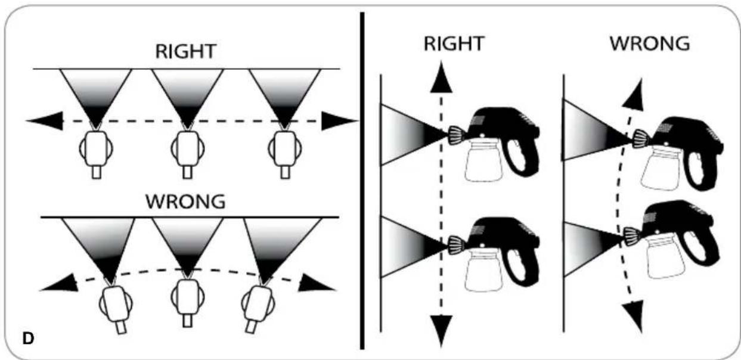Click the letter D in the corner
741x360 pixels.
click(x=28, y=338)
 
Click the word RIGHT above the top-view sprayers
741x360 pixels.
click(x=185, y=52)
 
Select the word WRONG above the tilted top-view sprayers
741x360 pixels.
click(x=185, y=201)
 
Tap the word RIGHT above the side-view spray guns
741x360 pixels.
click(x=454, y=44)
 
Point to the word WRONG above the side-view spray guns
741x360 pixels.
click(x=650, y=44)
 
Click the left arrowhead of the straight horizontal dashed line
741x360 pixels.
click(x=45, y=121)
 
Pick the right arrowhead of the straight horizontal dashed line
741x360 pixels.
click(x=340, y=121)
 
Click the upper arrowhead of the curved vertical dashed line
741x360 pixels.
click(x=634, y=94)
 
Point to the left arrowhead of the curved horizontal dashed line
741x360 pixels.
click(x=59, y=284)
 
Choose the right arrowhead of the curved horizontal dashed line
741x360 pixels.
click(x=316, y=284)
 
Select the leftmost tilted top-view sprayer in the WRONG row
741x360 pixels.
click(x=116, y=307)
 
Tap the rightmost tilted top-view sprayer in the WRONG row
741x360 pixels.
click(x=258, y=307)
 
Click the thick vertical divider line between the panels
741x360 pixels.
click(x=362, y=181)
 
